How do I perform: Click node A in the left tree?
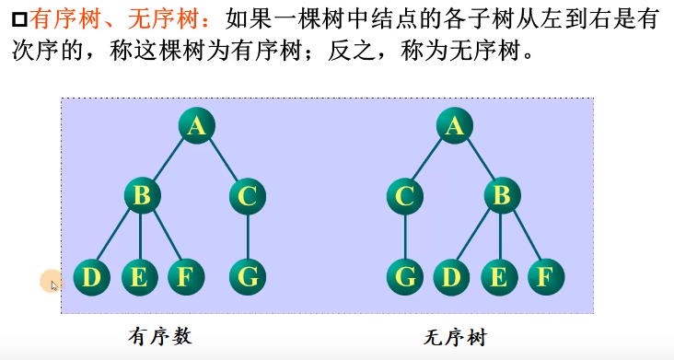pyautogui.click(x=195, y=126)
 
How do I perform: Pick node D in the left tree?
pyautogui.click(x=90, y=276)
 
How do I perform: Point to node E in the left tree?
pyautogui.click(x=139, y=276)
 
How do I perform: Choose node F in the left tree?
pyautogui.click(x=185, y=276)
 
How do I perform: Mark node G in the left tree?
pyautogui.click(x=248, y=276)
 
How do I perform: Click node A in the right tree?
pyautogui.click(x=454, y=126)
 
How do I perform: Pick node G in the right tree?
pyautogui.click(x=404, y=276)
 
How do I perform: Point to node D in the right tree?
pyautogui.click(x=452, y=276)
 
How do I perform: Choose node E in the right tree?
pyautogui.click(x=499, y=276)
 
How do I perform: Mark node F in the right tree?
pyautogui.click(x=546, y=276)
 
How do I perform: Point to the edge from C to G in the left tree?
pyautogui.click(x=248, y=236)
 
